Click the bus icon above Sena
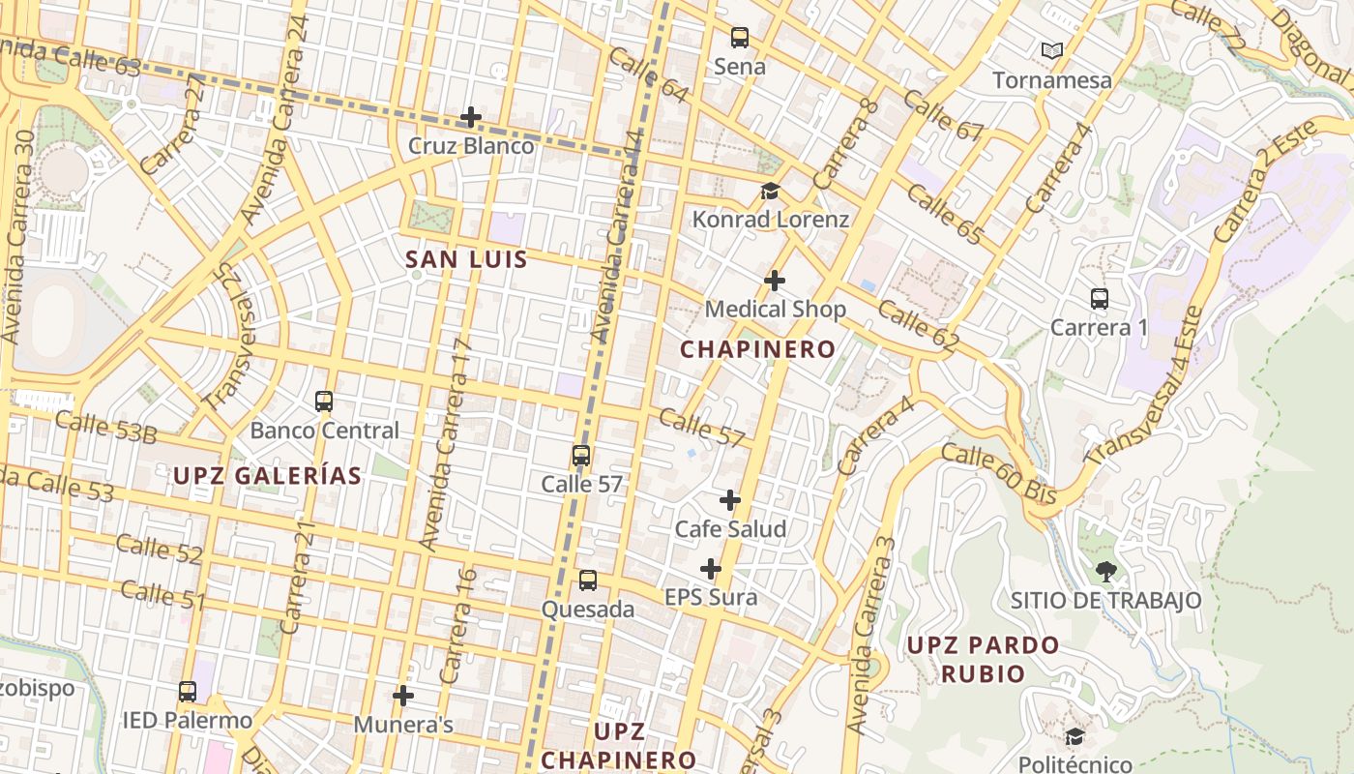pos(740,38)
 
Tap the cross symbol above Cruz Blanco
pos(471,117)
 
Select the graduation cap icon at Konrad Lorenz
pos(770,191)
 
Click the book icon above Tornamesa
pos(1052,50)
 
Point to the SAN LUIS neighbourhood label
pos(466,259)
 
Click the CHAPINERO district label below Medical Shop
pos(758,349)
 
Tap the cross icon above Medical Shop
pos(775,281)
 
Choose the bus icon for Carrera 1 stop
pos(1100,298)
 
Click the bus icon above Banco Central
pos(324,401)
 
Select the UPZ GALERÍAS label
pos(268,475)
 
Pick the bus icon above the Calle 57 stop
pos(581,455)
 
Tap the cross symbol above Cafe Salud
pos(730,500)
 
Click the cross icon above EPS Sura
pos(711,568)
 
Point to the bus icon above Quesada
pos(588,580)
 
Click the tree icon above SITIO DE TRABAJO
pos(1105,571)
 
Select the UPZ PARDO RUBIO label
pos(984,659)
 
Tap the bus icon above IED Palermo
pos(188,692)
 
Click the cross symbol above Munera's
pos(403,695)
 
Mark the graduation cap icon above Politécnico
pos(1074,737)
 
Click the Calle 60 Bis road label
pos(999,473)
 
